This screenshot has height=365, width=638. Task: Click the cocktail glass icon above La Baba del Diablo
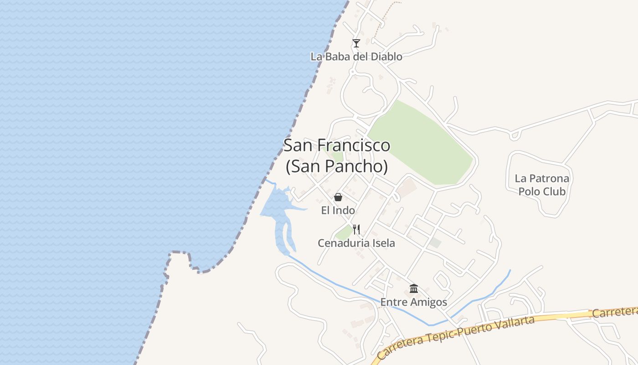point(356,43)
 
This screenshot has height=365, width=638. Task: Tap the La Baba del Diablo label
point(356,57)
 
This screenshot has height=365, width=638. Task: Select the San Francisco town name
point(337,145)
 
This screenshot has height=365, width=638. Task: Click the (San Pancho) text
point(337,166)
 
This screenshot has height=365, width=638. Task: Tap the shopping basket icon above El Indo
point(338,197)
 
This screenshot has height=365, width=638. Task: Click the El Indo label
point(338,210)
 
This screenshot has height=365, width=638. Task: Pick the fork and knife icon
point(356,229)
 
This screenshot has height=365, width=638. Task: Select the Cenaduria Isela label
point(356,243)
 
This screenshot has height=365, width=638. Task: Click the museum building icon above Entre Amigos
point(414,288)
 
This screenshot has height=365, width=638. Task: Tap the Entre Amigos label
point(414,302)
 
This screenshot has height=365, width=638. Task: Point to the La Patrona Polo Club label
point(542,185)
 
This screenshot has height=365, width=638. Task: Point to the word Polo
point(529,191)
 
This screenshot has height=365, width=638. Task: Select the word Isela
point(383,243)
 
